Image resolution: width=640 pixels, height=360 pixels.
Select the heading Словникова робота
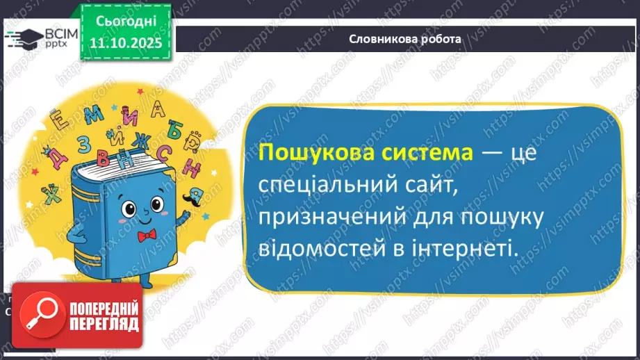(404, 39)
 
